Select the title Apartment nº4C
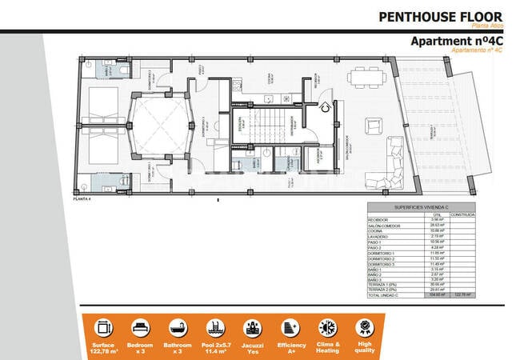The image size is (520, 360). [x=456, y=41]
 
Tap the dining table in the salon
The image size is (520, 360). [x=367, y=78]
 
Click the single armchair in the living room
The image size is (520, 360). [x=374, y=126]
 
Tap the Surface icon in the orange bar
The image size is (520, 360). [x=102, y=327]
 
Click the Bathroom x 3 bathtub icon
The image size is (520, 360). [x=176, y=327]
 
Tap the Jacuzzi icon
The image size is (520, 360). [x=251, y=327]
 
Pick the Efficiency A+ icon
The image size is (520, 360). [x=289, y=327]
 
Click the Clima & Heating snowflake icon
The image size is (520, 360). [x=327, y=327]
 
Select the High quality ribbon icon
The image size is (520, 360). [x=364, y=327]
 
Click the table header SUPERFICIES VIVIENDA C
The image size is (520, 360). [x=420, y=207]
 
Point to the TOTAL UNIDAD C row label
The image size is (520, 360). [x=382, y=295]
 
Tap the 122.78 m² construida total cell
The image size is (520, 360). [x=462, y=295]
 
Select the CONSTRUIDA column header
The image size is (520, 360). [x=462, y=214]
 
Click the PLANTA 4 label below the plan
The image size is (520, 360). [x=81, y=198]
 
